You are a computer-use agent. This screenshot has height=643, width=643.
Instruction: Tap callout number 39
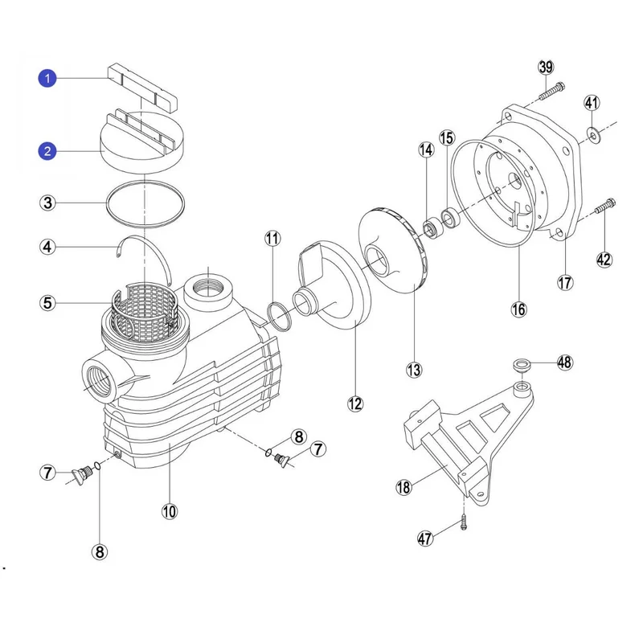pyautogui.click(x=546, y=67)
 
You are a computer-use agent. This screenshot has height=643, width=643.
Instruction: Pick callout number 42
pyautogui.click(x=604, y=259)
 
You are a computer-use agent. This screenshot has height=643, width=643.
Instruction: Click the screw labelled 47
pyautogui.click(x=465, y=522)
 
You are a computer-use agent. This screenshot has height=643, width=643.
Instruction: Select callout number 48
pyautogui.click(x=565, y=362)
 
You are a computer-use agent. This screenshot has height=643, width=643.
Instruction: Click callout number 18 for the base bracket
pyautogui.click(x=403, y=486)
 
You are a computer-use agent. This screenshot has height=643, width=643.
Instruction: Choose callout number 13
pyautogui.click(x=414, y=370)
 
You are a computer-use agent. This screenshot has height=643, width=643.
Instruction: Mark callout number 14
pyautogui.click(x=426, y=149)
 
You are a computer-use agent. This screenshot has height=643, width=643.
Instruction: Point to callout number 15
pyautogui.click(x=447, y=138)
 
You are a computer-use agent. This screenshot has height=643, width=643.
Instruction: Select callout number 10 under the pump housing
pyautogui.click(x=170, y=510)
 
